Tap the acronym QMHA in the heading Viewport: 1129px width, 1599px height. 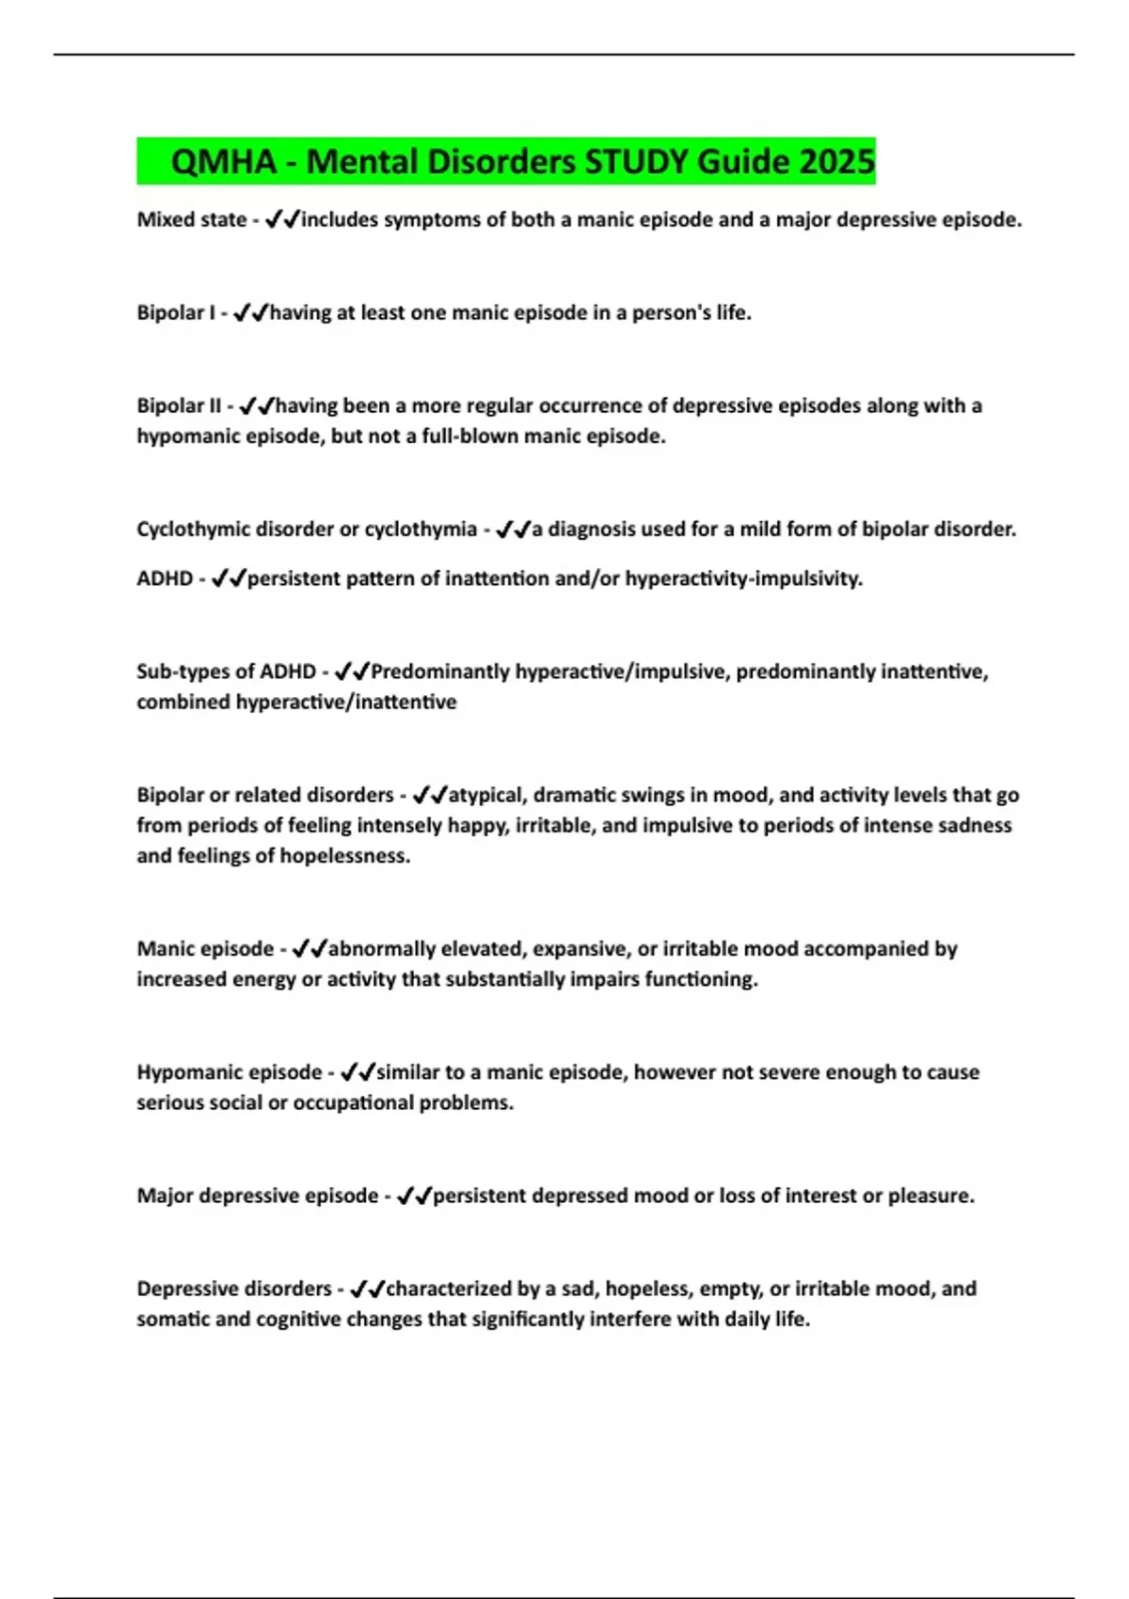point(224,162)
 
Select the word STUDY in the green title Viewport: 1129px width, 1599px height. point(637,162)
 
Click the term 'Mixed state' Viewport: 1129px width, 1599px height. point(191,220)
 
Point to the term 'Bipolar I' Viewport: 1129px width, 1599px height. point(176,313)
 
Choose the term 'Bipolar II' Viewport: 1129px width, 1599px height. point(179,406)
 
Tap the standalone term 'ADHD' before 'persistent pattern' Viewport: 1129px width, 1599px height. point(165,578)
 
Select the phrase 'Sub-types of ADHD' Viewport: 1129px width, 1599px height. point(226,672)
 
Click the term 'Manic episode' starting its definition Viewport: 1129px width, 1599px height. point(205,949)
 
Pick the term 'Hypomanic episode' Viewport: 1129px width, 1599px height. point(230,1072)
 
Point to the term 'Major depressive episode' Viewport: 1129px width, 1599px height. point(257,1195)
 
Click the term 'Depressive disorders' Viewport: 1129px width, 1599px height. point(234,1289)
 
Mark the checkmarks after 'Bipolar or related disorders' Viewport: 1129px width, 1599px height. point(430,796)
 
